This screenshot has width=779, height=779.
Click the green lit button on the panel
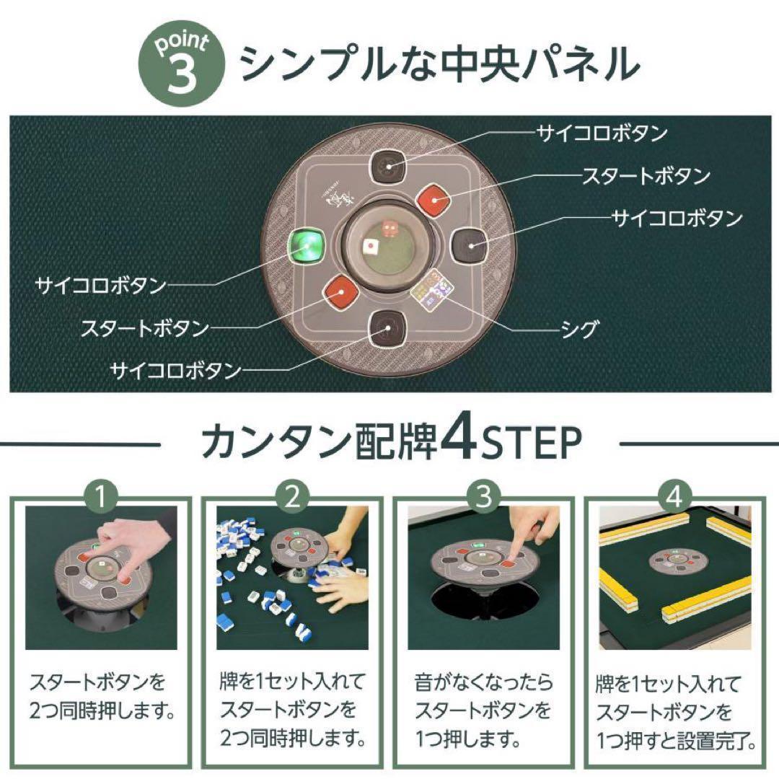coord(306,247)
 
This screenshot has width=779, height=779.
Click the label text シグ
coord(579,330)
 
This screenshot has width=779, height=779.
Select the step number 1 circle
coord(101,495)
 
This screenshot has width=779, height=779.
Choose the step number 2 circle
coord(292,495)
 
